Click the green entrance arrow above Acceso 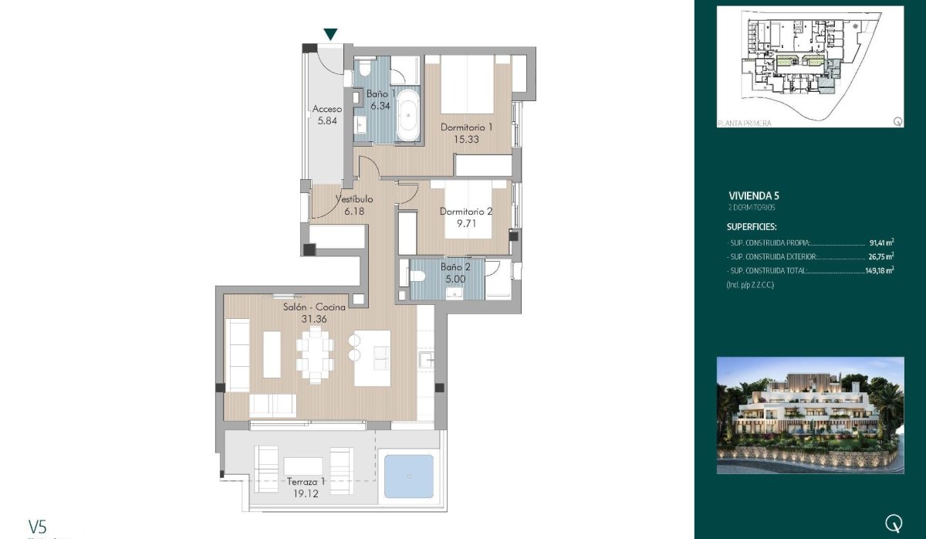click(x=330, y=34)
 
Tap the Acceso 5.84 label click(x=327, y=115)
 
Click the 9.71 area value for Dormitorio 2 click(x=465, y=222)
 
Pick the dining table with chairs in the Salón click(x=315, y=354)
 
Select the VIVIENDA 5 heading click(x=753, y=195)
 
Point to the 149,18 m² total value click(x=879, y=270)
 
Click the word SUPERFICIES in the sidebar click(x=752, y=227)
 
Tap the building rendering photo click(x=809, y=415)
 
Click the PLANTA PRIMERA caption click(x=744, y=123)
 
